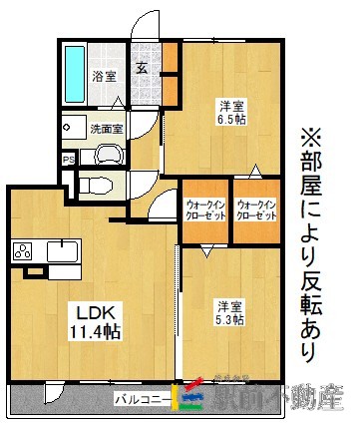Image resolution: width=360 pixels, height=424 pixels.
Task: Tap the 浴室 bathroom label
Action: tap(105, 76)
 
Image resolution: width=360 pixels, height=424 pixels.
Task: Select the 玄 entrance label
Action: tap(142, 68)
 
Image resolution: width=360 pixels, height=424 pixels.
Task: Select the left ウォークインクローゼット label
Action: tap(205, 211)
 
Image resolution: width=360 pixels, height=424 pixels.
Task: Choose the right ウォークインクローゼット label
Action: tap(257, 211)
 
